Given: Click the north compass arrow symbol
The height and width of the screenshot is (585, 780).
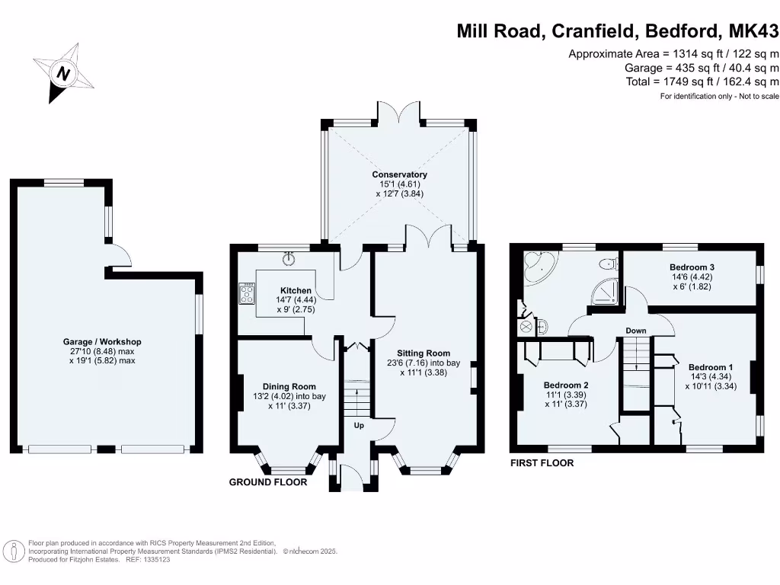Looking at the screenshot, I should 64,73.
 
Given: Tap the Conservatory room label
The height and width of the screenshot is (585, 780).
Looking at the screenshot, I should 400,174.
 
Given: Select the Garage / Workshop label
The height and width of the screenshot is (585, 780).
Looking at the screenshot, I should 103,342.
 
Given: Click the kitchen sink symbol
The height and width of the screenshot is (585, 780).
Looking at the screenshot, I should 289,258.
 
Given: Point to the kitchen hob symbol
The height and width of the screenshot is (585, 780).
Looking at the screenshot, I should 248,294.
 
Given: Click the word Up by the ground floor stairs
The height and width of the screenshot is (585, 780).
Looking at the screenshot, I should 359,426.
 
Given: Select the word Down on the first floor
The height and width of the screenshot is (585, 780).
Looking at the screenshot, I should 636,331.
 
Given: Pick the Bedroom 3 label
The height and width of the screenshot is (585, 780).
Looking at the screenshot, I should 692,267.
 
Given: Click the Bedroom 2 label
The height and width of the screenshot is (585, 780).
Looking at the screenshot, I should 565,385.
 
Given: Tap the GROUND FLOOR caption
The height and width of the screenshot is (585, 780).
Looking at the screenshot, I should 268,482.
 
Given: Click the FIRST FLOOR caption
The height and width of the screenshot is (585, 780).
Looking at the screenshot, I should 542,463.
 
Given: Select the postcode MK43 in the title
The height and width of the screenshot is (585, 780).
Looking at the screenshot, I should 754,31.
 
